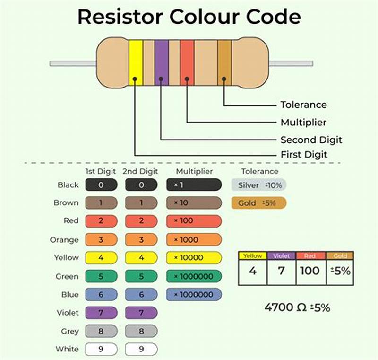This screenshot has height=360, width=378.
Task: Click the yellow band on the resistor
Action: [x=136, y=63]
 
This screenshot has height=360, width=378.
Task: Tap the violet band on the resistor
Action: [x=162, y=63]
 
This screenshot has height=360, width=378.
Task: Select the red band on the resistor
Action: [x=187, y=63]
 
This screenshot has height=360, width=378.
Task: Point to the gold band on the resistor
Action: [x=224, y=63]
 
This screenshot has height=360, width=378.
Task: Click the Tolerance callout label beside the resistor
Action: [x=303, y=105]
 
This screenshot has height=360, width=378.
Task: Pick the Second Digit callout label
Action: [x=311, y=140]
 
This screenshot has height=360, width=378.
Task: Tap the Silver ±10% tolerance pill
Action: [x=259, y=185]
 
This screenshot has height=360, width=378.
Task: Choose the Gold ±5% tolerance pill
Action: [x=259, y=203]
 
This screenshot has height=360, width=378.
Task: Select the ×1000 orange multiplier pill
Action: [x=194, y=240]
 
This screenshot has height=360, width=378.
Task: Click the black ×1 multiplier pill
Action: [x=194, y=185]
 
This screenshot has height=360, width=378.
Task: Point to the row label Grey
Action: [x=69, y=332]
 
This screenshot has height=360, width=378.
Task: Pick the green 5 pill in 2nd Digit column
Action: [x=141, y=276]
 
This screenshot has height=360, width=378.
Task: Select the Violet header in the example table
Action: [x=282, y=256]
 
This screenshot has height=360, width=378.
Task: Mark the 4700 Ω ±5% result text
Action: [x=297, y=307]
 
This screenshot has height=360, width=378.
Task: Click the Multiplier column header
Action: [x=194, y=171]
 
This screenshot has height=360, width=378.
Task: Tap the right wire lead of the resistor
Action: [x=291, y=63]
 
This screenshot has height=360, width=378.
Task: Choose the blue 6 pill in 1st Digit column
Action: [x=101, y=295]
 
